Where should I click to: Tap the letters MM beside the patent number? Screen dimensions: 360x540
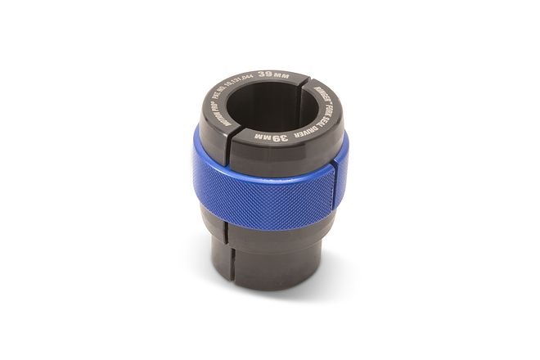pos(282,74)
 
